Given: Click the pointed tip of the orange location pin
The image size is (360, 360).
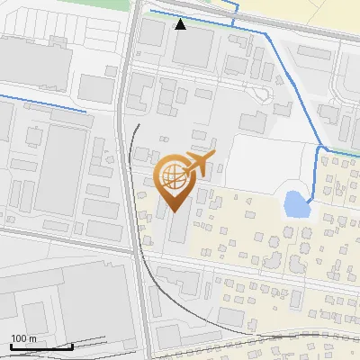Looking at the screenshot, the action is click(175, 211).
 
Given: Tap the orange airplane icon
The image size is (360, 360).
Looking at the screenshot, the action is click(199, 164).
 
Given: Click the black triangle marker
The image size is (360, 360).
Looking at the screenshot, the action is click(181, 24).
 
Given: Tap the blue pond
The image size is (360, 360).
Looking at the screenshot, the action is click(296, 206).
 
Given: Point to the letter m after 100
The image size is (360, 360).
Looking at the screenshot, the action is click(32, 338).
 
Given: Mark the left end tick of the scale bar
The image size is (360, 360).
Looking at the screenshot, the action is click(11, 345).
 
